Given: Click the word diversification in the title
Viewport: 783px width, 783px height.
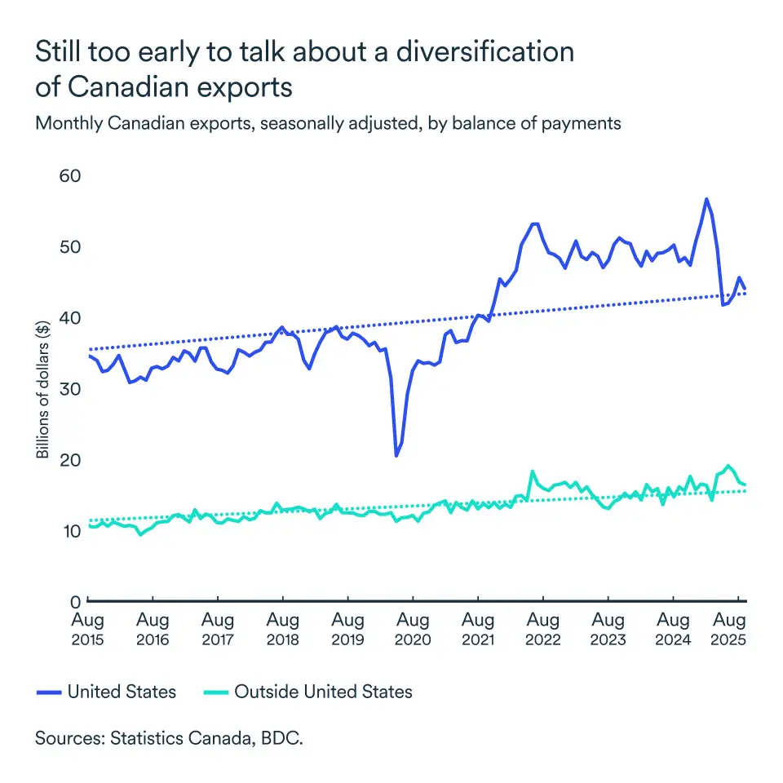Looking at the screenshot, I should click(x=484, y=51).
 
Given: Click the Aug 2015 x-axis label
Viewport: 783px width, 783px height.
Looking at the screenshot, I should click(x=87, y=630).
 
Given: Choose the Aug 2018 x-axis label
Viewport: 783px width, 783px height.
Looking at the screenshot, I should click(x=282, y=630).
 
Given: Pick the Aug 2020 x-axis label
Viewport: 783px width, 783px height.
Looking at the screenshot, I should click(x=413, y=630).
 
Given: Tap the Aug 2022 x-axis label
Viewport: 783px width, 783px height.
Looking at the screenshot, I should click(x=543, y=630).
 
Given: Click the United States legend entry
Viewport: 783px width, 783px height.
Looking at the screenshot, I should click(x=122, y=692).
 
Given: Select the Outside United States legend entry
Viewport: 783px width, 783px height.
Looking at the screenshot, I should click(x=323, y=692).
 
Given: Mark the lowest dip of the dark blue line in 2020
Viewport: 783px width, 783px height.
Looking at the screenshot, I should click(x=396, y=455).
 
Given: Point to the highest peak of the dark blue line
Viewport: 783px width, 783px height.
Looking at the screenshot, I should click(x=706, y=199).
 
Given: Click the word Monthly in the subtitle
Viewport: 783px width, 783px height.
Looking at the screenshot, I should click(x=68, y=123).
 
